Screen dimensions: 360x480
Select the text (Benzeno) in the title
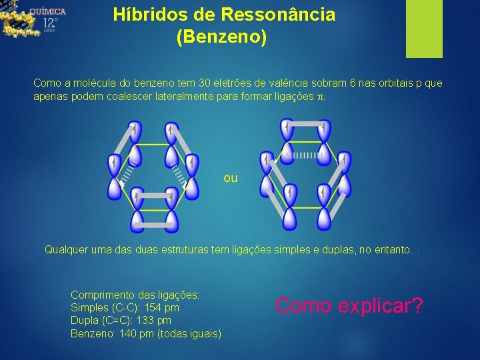tap(221, 37)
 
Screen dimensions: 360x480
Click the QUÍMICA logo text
tap(47, 11)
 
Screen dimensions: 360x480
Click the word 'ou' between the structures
tap(231, 179)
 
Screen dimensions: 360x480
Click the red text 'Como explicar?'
tap(349, 305)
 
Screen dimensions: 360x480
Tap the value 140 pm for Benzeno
tap(137, 333)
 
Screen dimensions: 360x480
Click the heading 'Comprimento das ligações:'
tap(135, 294)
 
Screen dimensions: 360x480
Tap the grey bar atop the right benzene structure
tap(307, 123)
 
